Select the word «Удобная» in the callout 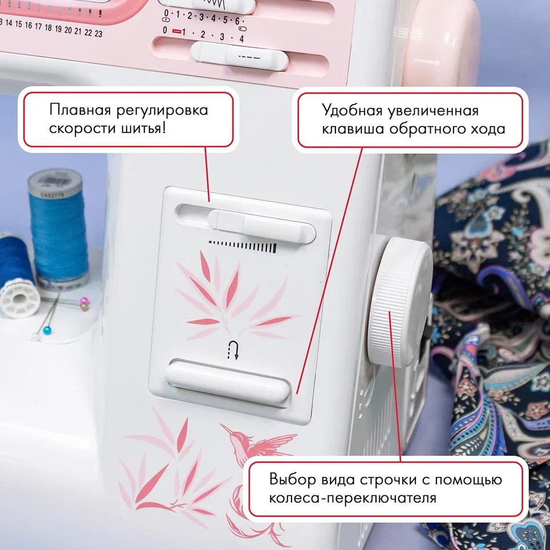pos(352,111)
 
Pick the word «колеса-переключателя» pos(353,498)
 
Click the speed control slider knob pos(262,227)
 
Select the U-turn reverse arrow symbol pos(233,350)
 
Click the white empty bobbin pos(19,299)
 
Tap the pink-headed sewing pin pos(84,301)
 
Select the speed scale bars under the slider pos(242,246)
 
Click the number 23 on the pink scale pos(99,34)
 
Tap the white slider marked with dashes pos(240,55)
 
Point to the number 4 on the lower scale pos(241,39)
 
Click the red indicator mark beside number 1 pos(176,31)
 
